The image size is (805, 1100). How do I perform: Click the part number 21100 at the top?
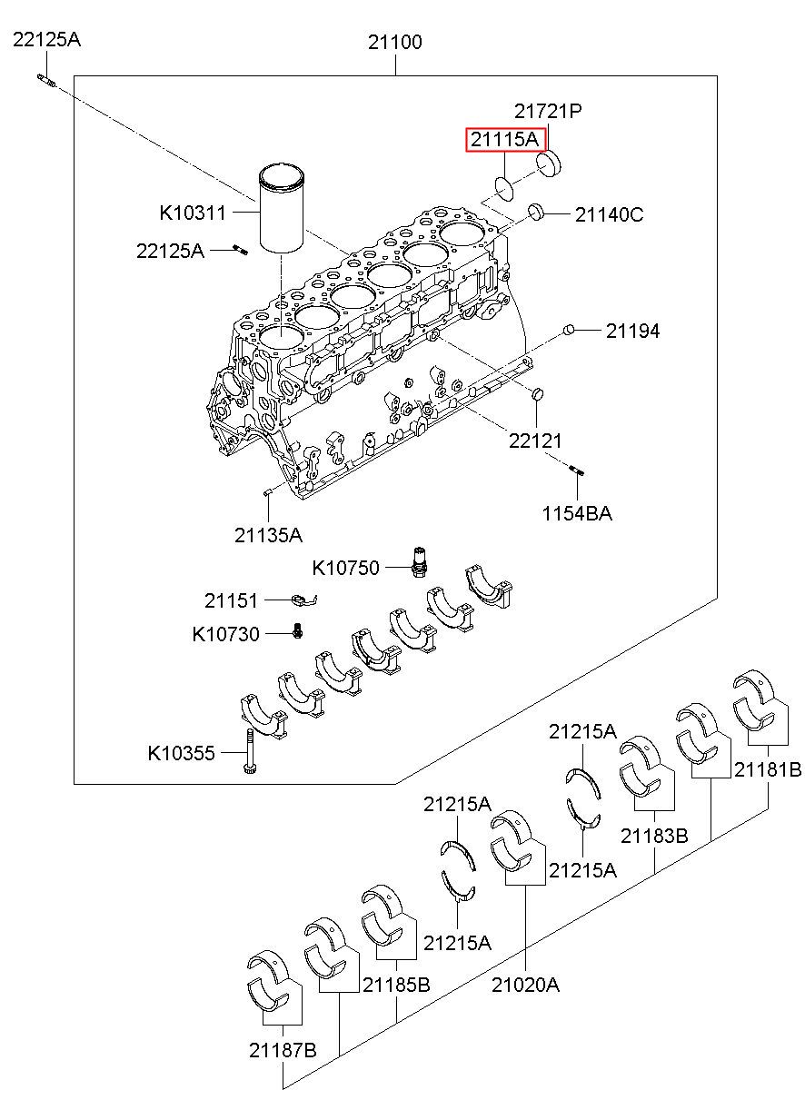[395, 42]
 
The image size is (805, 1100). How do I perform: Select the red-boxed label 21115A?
[505, 140]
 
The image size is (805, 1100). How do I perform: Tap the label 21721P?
[548, 112]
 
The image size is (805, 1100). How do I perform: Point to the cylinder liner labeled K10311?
[281, 210]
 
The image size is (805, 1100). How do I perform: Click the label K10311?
[193, 213]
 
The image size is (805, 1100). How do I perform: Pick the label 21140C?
[609, 215]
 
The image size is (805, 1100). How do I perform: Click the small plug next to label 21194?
[568, 330]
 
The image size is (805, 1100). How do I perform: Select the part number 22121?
[535, 441]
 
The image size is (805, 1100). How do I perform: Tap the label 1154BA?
[577, 513]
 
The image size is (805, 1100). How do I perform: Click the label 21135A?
[268, 535]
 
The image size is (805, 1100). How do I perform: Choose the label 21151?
[231, 600]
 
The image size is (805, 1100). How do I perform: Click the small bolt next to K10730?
[297, 631]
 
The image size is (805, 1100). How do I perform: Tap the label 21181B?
[768, 770]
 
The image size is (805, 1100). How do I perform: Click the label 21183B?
[654, 836]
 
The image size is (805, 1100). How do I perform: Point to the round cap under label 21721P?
[549, 164]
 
